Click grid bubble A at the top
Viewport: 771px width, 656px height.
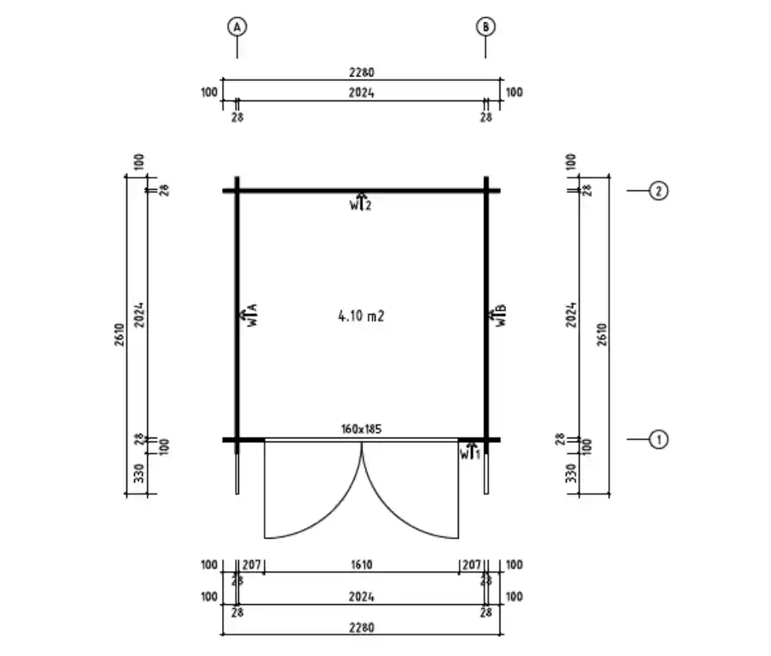[x=237, y=26]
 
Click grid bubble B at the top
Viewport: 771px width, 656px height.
[x=486, y=26]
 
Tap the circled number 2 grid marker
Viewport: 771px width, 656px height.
[x=659, y=191]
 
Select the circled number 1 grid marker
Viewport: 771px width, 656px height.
[x=659, y=439]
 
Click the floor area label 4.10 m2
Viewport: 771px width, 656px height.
[x=362, y=316]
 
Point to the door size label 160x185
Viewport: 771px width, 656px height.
[x=362, y=428]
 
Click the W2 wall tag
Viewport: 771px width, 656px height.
[x=360, y=202]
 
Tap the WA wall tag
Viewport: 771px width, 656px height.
[x=248, y=315]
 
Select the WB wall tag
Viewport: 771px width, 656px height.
[x=497, y=315]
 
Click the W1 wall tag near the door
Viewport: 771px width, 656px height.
[x=470, y=451]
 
